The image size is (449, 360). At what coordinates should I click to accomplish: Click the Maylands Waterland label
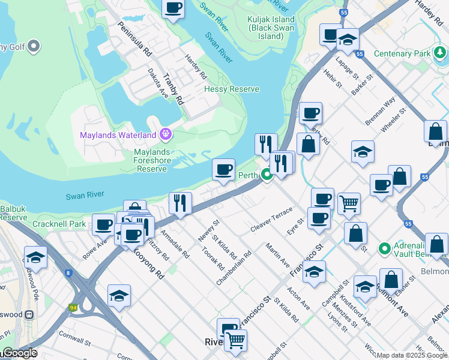point(118,134)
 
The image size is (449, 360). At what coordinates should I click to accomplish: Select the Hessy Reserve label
point(232,89)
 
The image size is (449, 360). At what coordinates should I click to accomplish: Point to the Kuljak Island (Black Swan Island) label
point(271,28)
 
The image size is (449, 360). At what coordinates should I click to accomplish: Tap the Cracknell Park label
point(61,224)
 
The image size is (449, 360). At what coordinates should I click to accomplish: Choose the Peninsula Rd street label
point(134,40)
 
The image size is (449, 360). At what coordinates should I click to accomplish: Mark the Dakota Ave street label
point(158,83)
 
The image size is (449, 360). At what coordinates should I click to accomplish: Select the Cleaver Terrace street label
point(271,221)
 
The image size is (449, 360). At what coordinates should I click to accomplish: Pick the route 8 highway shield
point(68,273)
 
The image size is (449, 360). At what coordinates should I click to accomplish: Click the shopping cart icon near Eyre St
point(349,203)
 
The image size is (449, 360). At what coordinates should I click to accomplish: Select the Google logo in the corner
point(19,353)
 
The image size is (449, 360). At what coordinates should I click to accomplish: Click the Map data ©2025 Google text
point(412,355)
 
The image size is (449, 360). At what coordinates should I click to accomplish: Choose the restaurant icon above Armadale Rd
point(180,203)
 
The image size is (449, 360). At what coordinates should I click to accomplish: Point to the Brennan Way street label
point(381,111)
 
